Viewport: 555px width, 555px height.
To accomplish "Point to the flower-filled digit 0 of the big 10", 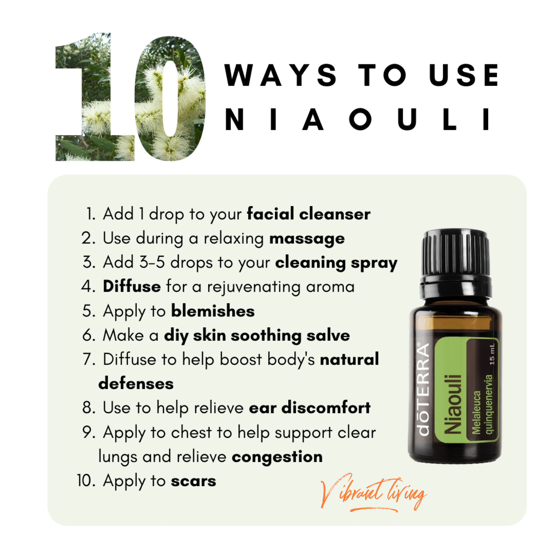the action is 170,98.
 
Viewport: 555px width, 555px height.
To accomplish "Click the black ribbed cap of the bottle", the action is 455,253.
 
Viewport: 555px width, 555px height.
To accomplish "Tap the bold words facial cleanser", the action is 308,214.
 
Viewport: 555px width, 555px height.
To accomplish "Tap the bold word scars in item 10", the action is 193,481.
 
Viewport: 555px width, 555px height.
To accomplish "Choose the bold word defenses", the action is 136,383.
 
